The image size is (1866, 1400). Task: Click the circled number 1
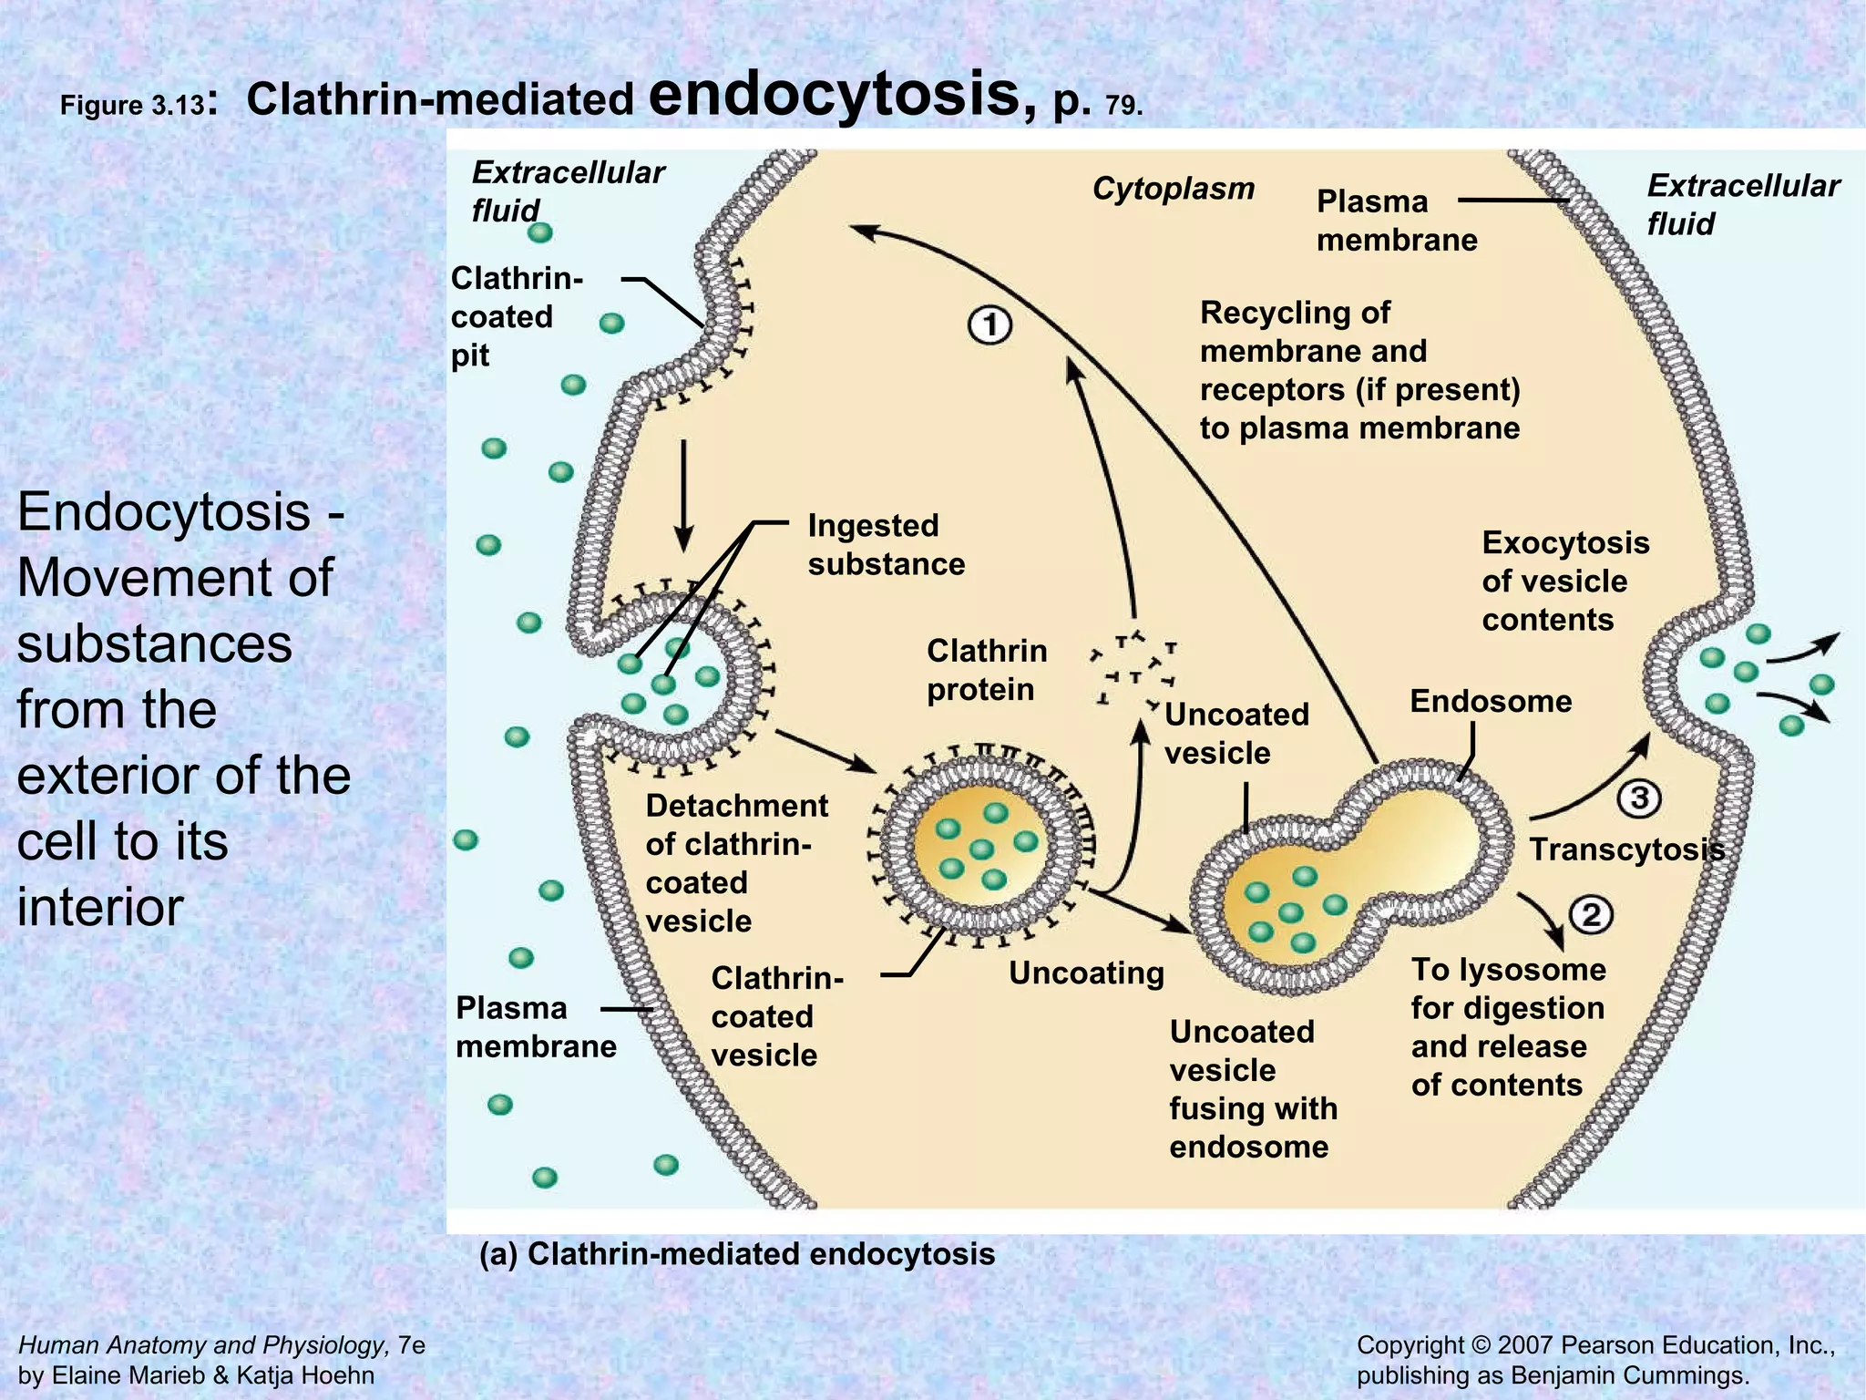click(x=989, y=326)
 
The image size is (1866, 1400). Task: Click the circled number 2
click(x=1592, y=914)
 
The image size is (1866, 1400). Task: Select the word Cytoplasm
click(x=1173, y=189)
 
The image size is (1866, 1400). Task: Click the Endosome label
click(x=1491, y=701)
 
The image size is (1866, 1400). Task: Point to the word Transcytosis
click(x=1626, y=849)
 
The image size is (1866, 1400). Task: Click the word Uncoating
click(x=1086, y=973)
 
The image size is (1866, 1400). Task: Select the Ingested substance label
click(x=886, y=544)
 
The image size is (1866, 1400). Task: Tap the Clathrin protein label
click(x=986, y=670)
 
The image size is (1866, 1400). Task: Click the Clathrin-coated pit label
click(x=516, y=316)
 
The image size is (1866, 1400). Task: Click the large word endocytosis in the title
click(x=843, y=95)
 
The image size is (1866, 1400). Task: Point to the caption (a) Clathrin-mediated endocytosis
click(x=737, y=1254)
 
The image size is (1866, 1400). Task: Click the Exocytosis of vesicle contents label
click(x=1564, y=581)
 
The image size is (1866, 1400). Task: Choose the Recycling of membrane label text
click(x=1358, y=370)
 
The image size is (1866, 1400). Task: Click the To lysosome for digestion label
click(x=1508, y=1026)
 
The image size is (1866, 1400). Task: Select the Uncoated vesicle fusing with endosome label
click(x=1253, y=1088)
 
